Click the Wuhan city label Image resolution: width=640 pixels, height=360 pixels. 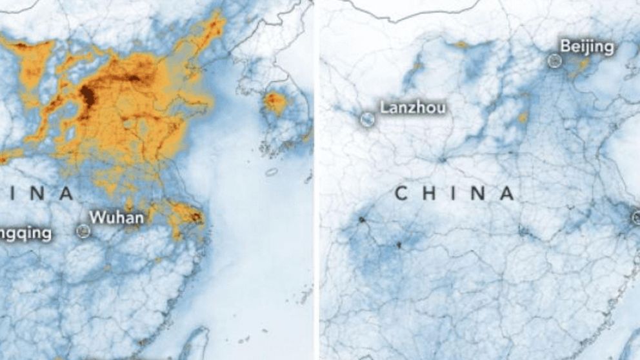(x=116, y=218)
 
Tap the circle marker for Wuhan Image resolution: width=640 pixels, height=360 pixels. (x=82, y=230)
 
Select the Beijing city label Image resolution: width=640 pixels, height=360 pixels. (x=586, y=46)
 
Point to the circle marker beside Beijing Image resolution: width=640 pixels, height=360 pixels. (x=554, y=61)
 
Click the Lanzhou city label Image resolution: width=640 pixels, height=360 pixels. (x=412, y=107)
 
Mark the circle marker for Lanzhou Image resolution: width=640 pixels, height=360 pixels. (x=366, y=119)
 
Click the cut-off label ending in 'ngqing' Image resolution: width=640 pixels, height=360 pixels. (x=26, y=233)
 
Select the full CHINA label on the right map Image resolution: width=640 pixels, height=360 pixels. (x=455, y=193)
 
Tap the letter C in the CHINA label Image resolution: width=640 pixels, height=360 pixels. (x=401, y=193)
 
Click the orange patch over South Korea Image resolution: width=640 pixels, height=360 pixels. (x=277, y=102)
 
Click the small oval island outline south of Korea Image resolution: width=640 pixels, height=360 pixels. (x=272, y=172)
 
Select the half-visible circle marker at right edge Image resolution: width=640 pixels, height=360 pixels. (x=636, y=217)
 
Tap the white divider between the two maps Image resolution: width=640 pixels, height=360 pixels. (x=316, y=180)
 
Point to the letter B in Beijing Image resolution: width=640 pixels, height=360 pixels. (x=565, y=46)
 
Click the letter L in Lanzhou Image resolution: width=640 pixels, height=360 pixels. (x=384, y=107)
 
